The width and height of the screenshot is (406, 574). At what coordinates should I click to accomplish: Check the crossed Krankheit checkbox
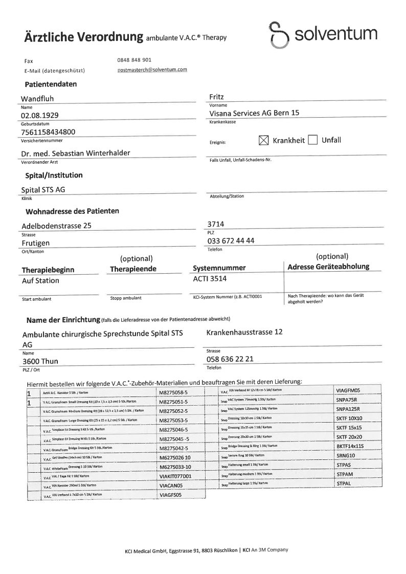[263, 140]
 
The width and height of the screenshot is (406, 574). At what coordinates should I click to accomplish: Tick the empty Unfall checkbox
[313, 140]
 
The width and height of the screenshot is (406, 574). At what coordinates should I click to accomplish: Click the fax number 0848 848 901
[134, 60]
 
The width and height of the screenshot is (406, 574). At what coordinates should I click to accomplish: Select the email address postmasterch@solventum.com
[152, 69]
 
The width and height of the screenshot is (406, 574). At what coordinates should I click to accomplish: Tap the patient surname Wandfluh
[37, 98]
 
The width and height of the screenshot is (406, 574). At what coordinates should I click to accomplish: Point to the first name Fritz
[217, 96]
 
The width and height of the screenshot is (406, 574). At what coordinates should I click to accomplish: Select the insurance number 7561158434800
[49, 132]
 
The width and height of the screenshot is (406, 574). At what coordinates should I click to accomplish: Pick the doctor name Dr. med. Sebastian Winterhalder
[75, 153]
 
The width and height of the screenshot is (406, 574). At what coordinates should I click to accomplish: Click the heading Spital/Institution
[54, 175]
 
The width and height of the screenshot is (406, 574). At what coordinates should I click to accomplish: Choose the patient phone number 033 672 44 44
[231, 241]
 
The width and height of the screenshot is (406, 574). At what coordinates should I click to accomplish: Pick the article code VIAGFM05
[348, 390]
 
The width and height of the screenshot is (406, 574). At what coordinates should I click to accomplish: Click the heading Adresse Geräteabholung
[328, 267]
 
